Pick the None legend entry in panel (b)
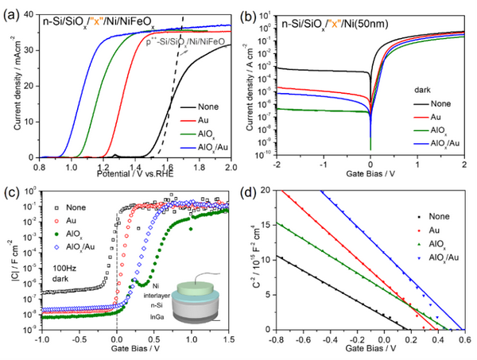(434, 103)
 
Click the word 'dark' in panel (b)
(421, 90)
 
